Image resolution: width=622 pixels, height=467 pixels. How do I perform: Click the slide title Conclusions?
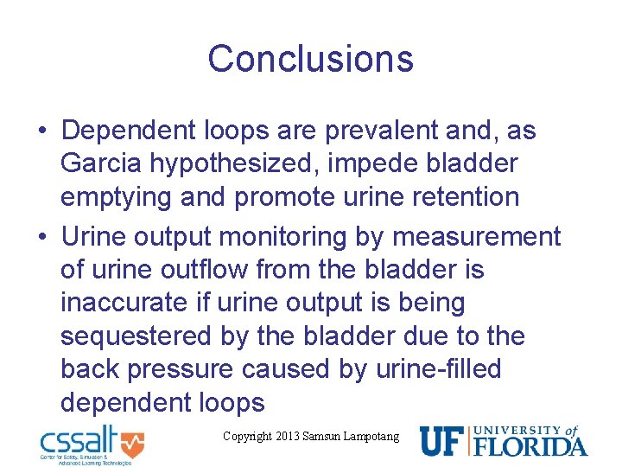tap(310, 59)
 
